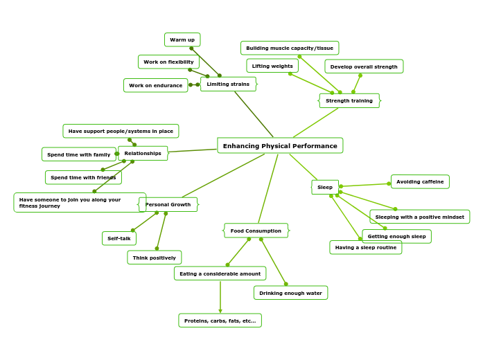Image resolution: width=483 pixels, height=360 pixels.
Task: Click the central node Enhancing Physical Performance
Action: pos(280,145)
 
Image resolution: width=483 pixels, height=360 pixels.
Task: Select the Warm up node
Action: pos(182,39)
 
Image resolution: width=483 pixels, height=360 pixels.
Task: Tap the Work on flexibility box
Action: pos(168,62)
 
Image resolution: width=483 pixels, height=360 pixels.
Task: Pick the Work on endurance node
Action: pos(155,85)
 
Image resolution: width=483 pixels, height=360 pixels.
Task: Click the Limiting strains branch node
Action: pos(228,84)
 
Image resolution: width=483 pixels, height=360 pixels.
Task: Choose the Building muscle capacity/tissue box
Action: pos(290,48)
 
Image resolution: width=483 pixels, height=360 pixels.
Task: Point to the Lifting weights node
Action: pos(272,66)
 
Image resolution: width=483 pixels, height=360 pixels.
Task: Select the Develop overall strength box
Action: pos(364,66)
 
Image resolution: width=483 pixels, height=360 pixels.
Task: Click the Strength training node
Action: pos(349,100)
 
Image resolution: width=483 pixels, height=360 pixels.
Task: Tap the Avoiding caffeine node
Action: pos(420,181)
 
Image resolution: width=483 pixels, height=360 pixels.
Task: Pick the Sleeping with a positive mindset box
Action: pos(419,217)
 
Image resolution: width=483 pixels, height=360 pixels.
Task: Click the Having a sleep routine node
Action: pos(365,247)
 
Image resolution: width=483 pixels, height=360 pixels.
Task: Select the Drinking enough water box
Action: pos(290,293)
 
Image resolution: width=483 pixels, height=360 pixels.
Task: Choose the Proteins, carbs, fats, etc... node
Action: pos(220,321)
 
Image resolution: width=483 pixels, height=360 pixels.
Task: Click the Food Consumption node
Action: pos(256,231)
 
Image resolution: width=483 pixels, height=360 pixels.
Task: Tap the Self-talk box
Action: pos(119,238)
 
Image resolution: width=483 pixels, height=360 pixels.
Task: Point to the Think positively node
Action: pos(154,258)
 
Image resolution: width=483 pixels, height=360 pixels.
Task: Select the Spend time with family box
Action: pos(78,154)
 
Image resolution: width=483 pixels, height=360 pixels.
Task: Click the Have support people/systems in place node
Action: pos(121,131)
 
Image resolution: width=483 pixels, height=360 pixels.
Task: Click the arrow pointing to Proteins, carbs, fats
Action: pos(220,311)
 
